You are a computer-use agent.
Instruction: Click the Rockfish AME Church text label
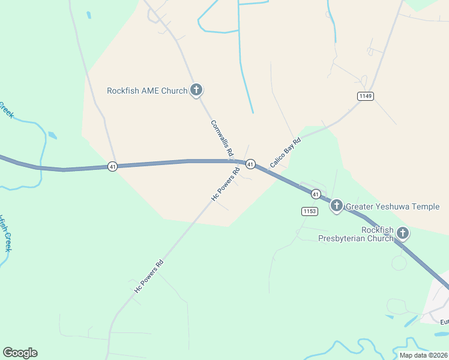click(147, 91)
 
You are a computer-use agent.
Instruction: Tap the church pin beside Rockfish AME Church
click(196, 90)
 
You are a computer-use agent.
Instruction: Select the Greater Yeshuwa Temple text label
click(393, 207)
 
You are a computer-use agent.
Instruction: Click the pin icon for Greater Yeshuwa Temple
click(337, 206)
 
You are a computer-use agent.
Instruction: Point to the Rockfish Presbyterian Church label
click(378, 234)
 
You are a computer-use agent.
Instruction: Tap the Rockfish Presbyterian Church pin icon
click(402, 233)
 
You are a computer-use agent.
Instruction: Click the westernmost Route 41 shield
click(112, 166)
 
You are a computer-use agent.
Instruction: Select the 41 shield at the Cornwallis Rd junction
click(250, 164)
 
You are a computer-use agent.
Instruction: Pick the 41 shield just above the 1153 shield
click(316, 194)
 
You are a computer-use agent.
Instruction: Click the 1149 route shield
click(365, 96)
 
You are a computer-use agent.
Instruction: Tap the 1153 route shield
click(309, 211)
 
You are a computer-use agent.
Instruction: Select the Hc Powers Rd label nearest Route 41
click(225, 184)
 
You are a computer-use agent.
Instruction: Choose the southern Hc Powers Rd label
click(148, 276)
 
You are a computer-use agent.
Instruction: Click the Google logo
click(20, 353)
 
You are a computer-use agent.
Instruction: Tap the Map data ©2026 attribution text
click(423, 355)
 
